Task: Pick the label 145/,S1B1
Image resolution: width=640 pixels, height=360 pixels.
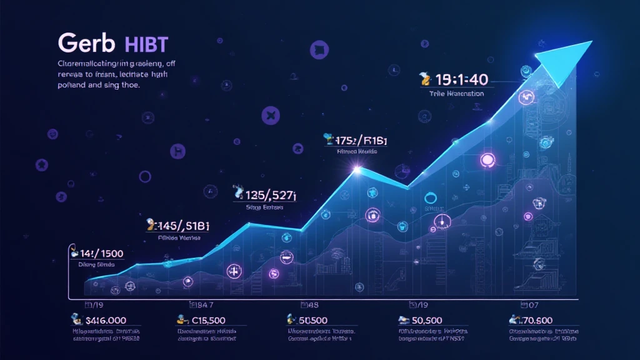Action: (181, 224)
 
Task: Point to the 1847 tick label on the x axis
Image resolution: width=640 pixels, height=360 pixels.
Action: (202, 304)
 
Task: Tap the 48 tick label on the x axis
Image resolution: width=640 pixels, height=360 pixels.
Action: (309, 304)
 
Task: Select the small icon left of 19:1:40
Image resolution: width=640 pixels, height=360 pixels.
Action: (424, 79)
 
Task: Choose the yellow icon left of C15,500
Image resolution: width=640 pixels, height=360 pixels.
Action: (181, 319)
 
